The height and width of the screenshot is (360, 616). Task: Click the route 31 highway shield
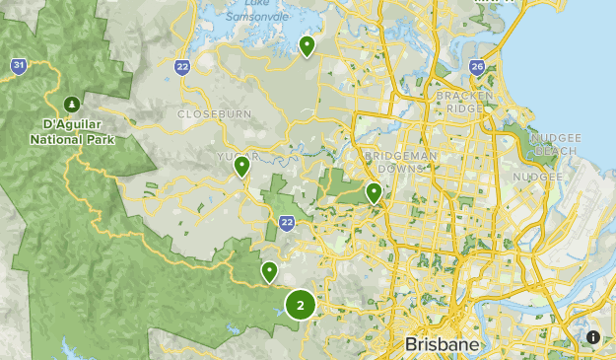pyautogui.click(x=19, y=66)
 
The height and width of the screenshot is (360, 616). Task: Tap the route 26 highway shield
pyautogui.click(x=477, y=68)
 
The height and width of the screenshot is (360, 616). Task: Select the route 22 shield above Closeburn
pyautogui.click(x=182, y=66)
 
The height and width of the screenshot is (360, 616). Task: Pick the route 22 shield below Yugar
pyautogui.click(x=286, y=223)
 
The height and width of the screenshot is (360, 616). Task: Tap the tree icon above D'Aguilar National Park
pyautogui.click(x=71, y=104)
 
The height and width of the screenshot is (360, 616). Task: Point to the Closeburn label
pyautogui.click(x=215, y=114)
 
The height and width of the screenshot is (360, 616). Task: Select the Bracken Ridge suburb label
pyautogui.click(x=464, y=102)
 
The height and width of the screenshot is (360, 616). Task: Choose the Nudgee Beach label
pyautogui.click(x=556, y=144)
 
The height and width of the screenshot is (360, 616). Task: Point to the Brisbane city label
pyautogui.click(x=443, y=345)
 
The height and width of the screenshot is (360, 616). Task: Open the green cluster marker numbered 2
pyautogui.click(x=301, y=305)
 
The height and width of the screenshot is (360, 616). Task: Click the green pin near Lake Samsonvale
pyautogui.click(x=308, y=45)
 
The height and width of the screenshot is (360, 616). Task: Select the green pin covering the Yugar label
pyautogui.click(x=241, y=167)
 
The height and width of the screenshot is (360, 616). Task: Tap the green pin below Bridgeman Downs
pyautogui.click(x=374, y=192)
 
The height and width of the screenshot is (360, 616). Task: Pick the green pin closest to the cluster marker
pyautogui.click(x=268, y=271)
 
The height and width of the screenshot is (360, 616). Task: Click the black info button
pyautogui.click(x=593, y=337)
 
